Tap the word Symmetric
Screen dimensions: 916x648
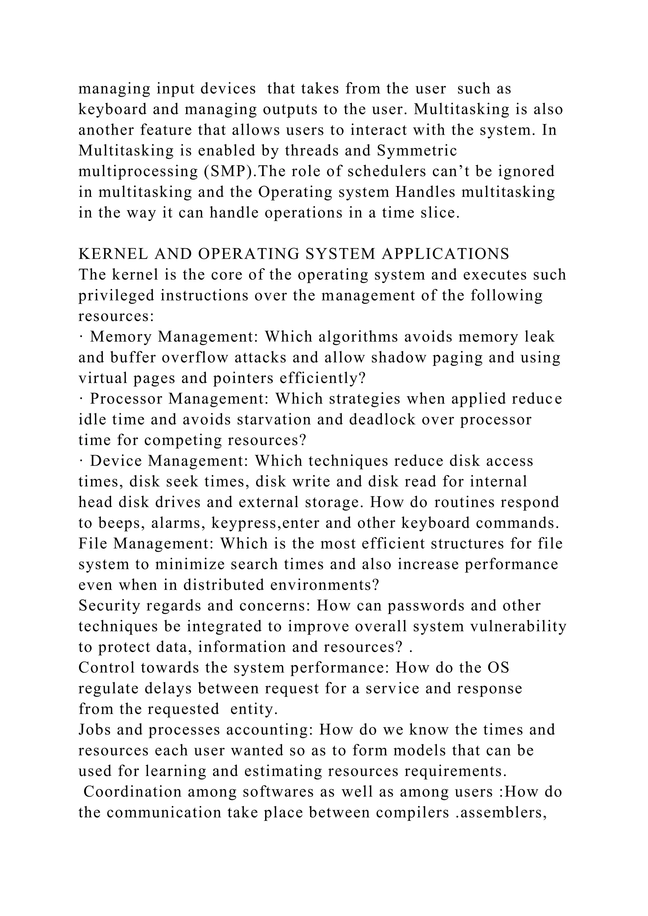(x=417, y=151)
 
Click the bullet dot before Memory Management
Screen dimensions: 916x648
(x=81, y=337)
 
